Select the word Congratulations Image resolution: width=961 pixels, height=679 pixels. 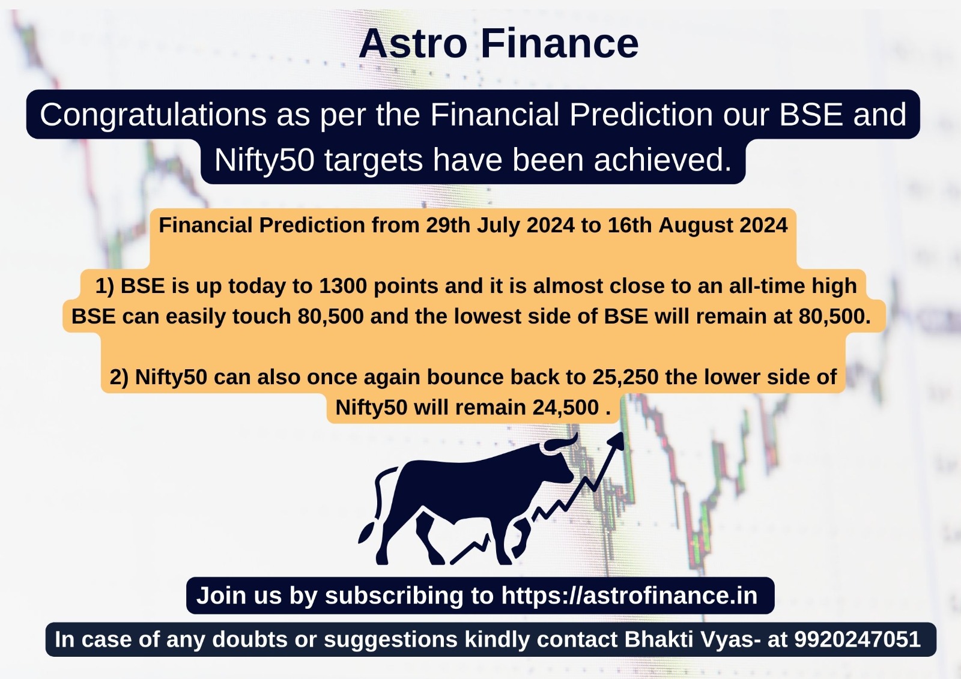point(153,115)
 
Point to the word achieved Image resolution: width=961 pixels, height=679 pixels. point(663,160)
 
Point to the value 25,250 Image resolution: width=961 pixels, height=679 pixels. point(625,378)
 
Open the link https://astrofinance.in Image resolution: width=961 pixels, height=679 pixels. point(629,596)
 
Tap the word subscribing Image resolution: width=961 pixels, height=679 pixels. point(394,596)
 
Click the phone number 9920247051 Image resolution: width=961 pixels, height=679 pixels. point(857,639)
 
